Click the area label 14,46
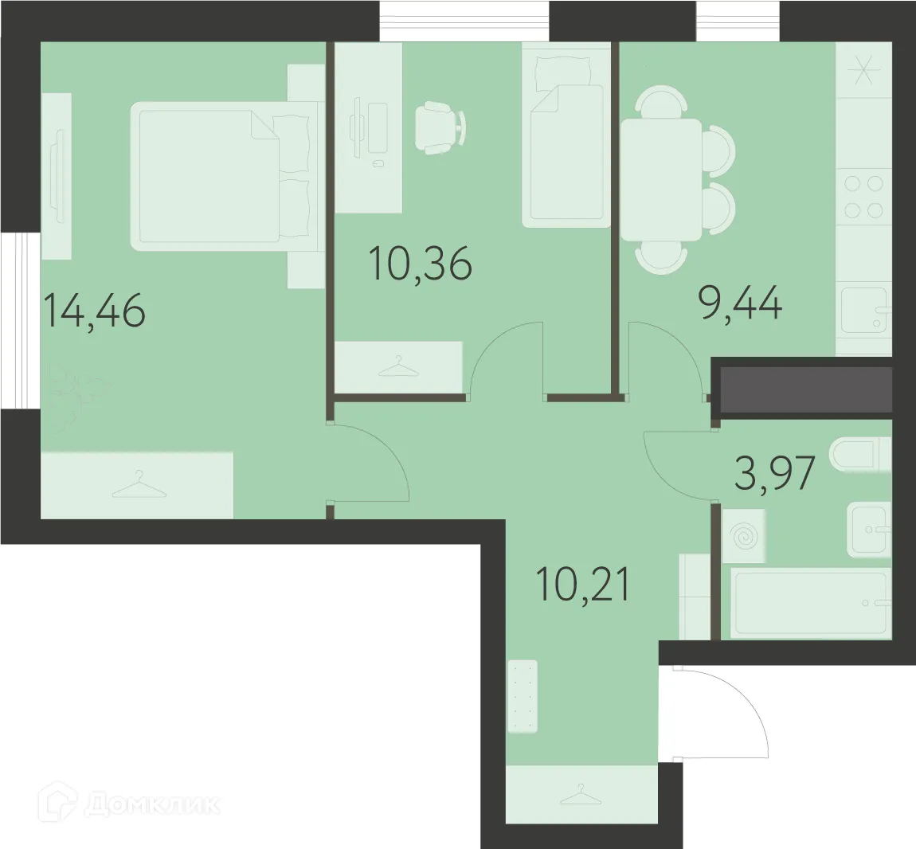click(x=95, y=311)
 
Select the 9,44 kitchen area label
click(x=741, y=303)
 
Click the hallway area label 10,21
click(x=583, y=585)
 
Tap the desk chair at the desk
click(x=439, y=127)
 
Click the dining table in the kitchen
click(x=661, y=179)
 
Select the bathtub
click(x=811, y=603)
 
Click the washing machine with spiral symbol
click(x=745, y=538)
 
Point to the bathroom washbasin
click(x=868, y=530)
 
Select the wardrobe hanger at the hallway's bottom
click(x=581, y=794)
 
